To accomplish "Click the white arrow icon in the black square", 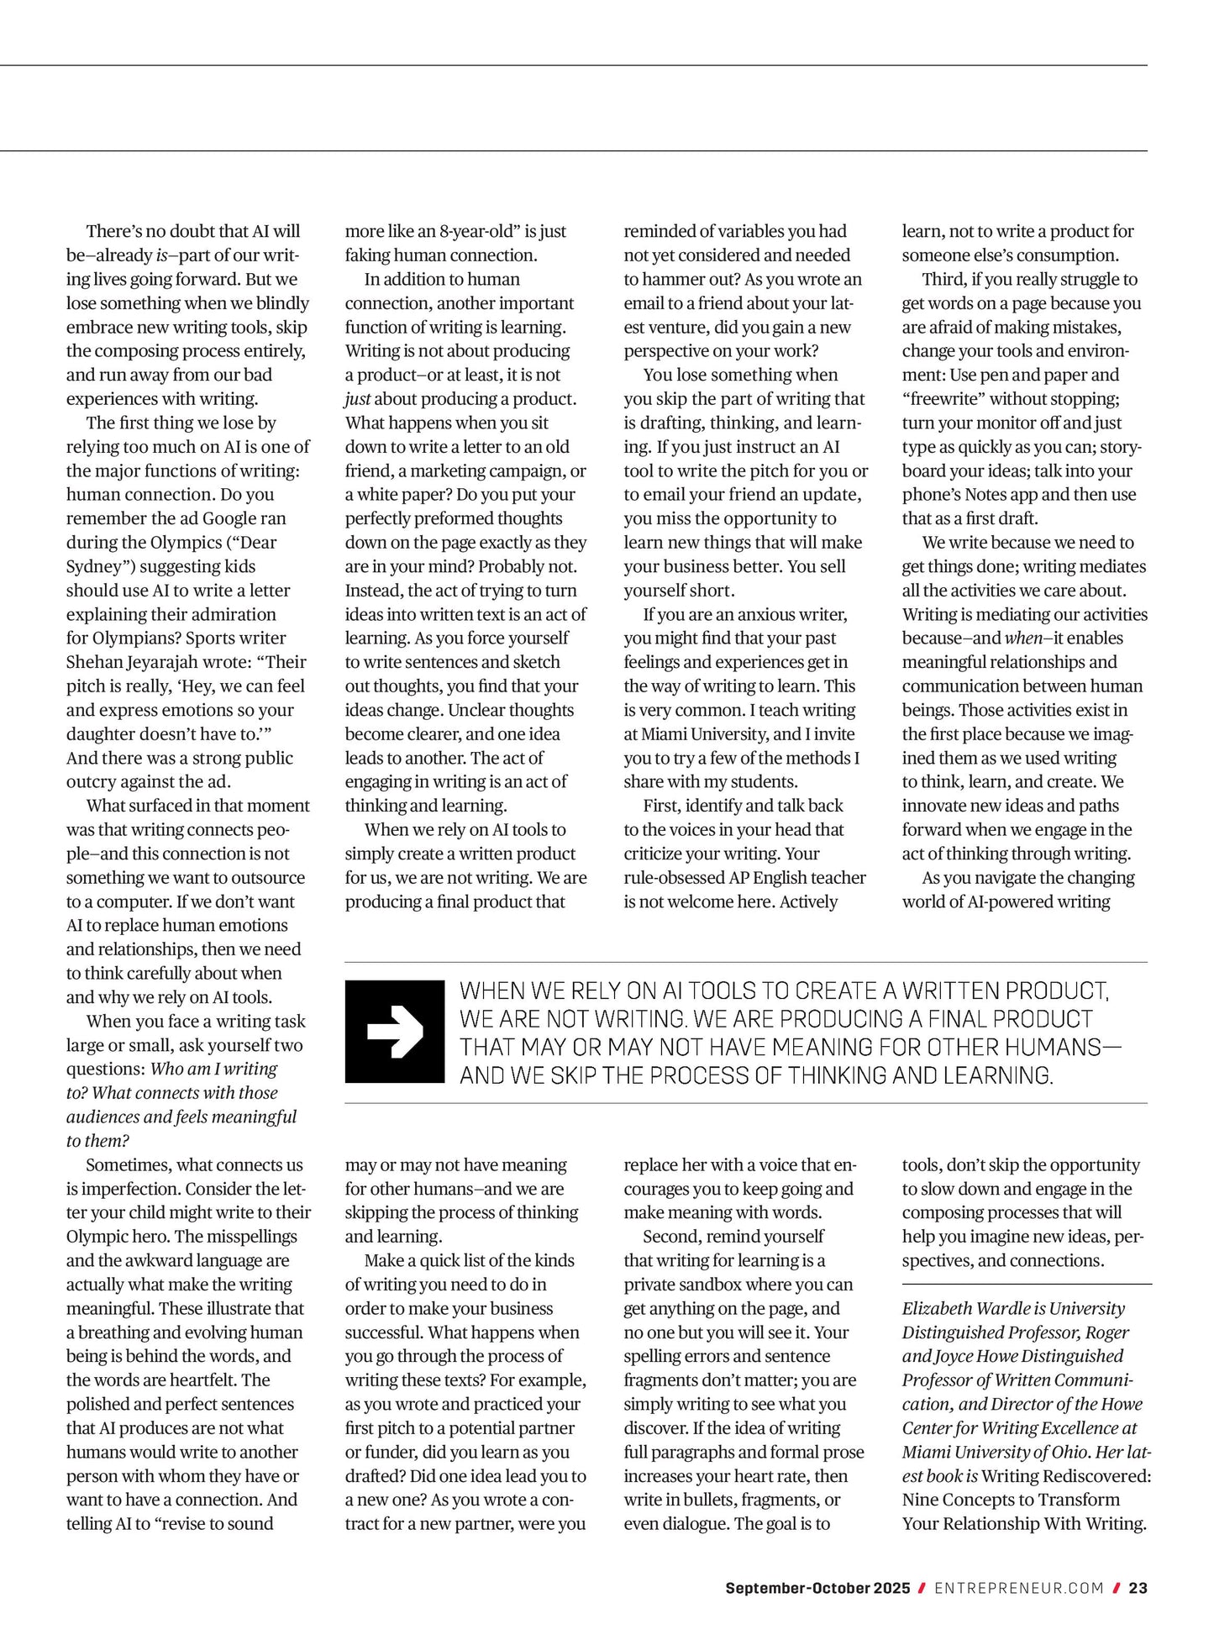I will coord(395,1031).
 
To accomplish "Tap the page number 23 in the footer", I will coord(1138,1588).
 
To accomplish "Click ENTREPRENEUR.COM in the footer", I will coord(1018,1588).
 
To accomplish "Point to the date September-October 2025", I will coord(817,1588).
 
